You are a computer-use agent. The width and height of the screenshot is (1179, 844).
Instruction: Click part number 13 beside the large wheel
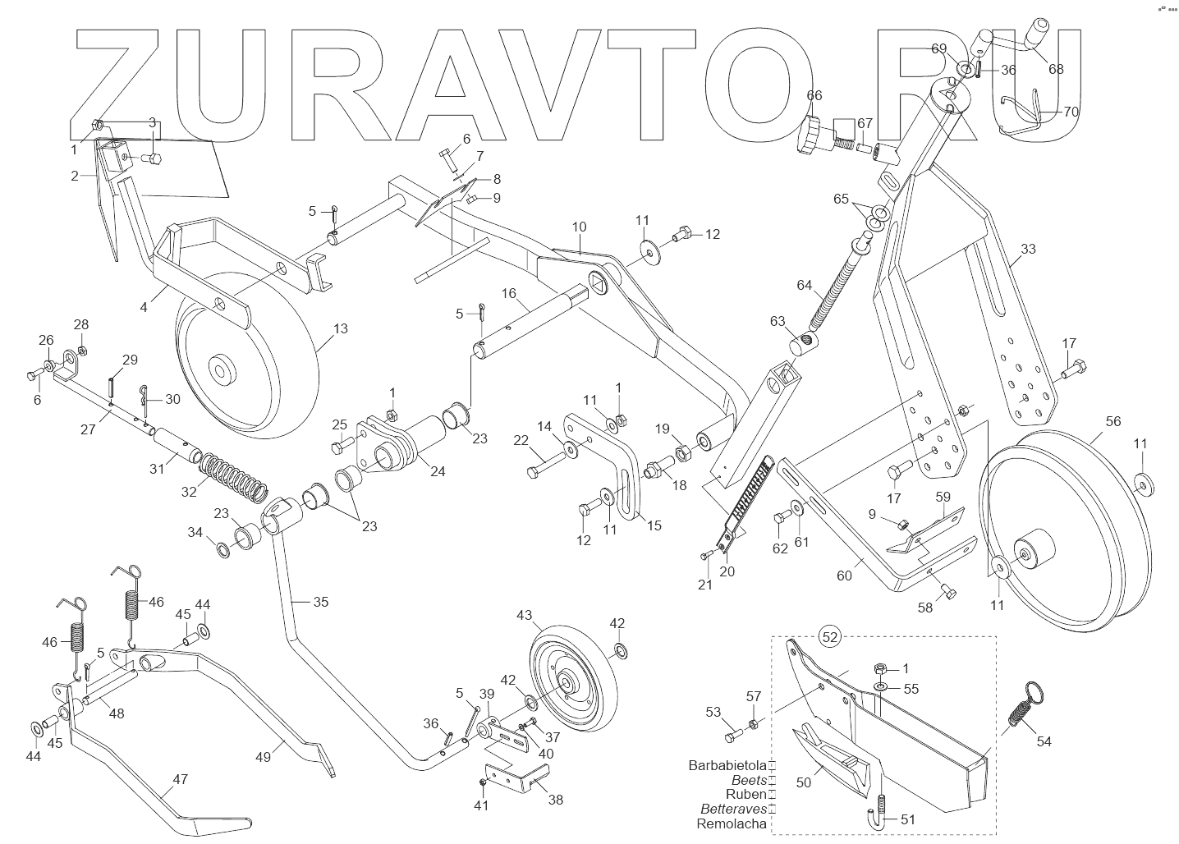click(x=341, y=328)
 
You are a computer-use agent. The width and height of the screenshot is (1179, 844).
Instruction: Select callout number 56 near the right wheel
click(x=1112, y=421)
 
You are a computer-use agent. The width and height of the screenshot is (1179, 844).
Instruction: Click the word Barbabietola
click(x=727, y=765)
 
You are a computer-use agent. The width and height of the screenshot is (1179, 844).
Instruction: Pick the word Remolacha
click(x=732, y=823)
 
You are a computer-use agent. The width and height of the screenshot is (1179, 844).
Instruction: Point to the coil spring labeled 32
click(x=235, y=478)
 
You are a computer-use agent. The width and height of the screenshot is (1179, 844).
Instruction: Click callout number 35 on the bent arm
click(x=320, y=602)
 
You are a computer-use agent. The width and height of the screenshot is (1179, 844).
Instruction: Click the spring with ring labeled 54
click(x=1022, y=704)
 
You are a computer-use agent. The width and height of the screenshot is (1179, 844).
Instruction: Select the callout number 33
click(x=1028, y=249)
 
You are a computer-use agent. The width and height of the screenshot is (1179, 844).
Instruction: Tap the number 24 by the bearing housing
click(x=438, y=472)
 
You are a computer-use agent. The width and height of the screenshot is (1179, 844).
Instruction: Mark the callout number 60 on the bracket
click(x=844, y=575)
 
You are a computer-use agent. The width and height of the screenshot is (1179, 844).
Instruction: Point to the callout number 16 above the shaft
click(x=509, y=293)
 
